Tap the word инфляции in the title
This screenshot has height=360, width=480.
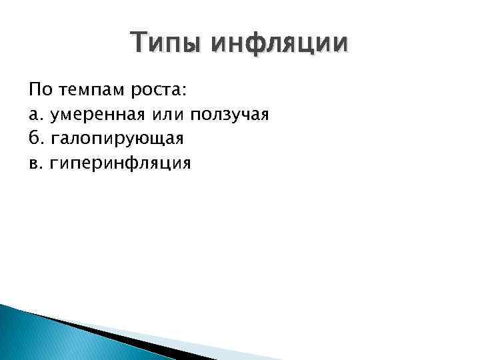click(279, 44)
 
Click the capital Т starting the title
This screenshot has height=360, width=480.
click(141, 43)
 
